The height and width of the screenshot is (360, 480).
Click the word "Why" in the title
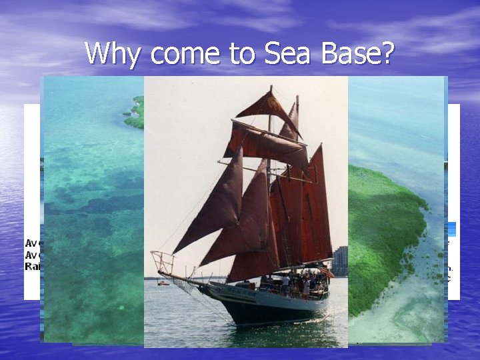pyautogui.click(x=110, y=53)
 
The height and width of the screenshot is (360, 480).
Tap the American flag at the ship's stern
pyautogui.click(x=327, y=273)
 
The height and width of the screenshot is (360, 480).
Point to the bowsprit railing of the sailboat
pyautogui.click(x=162, y=262)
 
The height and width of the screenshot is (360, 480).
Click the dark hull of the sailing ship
pyautogui.click(x=267, y=307)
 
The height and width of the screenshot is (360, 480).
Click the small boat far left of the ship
pyautogui.click(x=163, y=283)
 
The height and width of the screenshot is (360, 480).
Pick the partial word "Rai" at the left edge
pyautogui.click(x=32, y=265)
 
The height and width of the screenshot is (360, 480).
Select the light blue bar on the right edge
pyautogui.click(x=451, y=229)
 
